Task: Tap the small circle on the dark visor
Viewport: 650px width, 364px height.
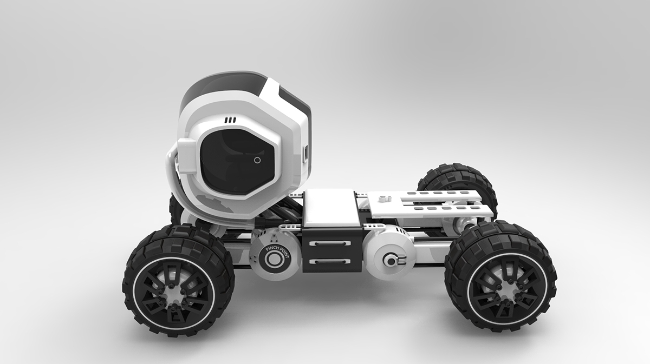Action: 257,160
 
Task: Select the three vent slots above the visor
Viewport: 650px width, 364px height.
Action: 231,119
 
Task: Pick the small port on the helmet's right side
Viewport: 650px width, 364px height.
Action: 307,153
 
